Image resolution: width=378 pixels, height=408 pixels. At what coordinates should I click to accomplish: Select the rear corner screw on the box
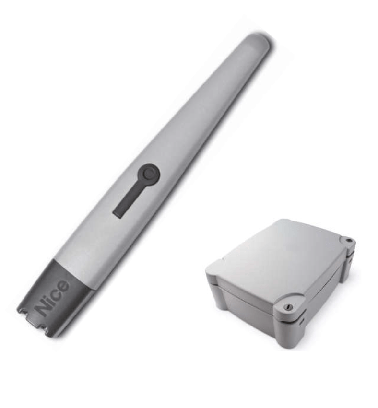click(x=348, y=240)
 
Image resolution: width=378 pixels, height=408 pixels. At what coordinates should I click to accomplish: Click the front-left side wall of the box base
click(x=240, y=304)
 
